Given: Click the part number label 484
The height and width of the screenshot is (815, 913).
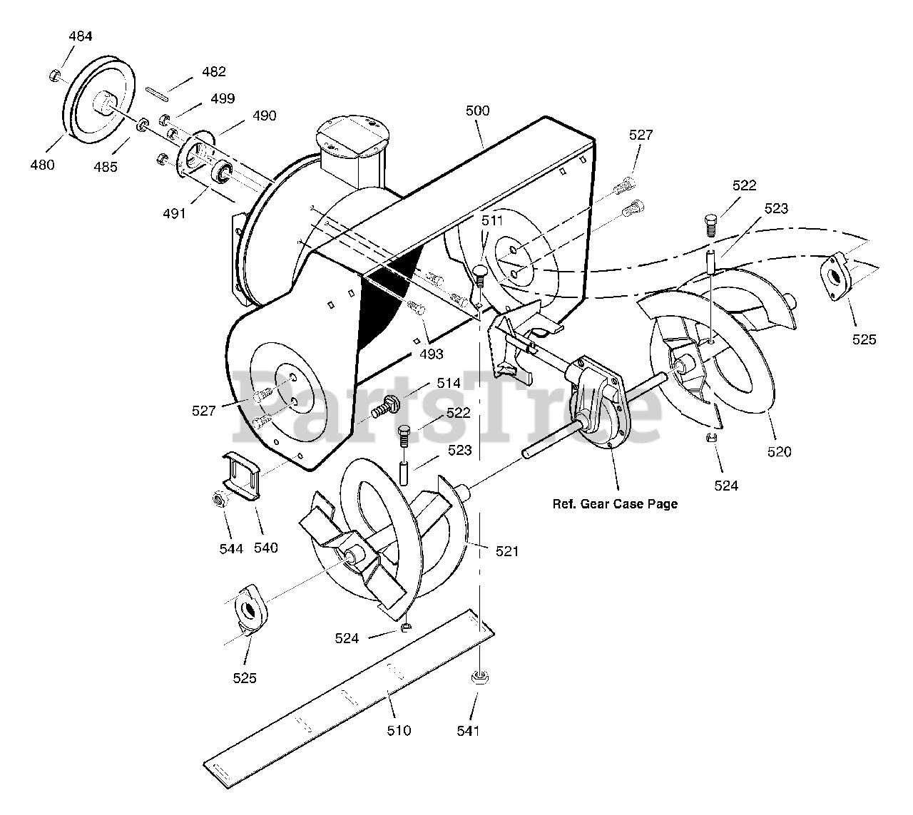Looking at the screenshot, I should (x=81, y=36).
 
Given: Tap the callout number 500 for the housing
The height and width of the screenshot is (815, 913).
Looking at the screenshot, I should (x=477, y=111).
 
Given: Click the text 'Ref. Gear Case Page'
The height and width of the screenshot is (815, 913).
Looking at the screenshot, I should (x=615, y=504).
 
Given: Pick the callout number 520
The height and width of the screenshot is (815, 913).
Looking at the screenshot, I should (x=779, y=451).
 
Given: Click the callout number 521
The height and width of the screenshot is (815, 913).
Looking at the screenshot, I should (x=507, y=550).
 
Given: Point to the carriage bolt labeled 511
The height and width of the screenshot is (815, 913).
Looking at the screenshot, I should (x=480, y=274).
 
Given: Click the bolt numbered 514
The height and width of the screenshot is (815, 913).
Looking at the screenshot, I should (x=385, y=407).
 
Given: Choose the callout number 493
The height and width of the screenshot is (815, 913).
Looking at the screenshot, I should (x=431, y=354).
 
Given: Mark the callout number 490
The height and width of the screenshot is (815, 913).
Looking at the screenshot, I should (x=264, y=116).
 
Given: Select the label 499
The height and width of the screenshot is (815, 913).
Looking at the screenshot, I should (x=223, y=98).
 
